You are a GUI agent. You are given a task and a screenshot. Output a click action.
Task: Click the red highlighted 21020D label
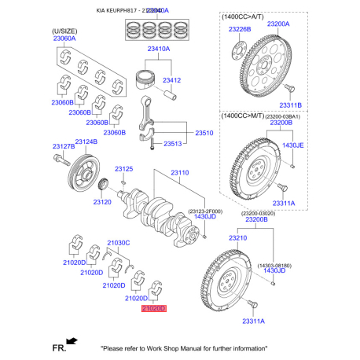[154, 310]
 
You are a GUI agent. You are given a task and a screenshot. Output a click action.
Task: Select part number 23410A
[158, 48]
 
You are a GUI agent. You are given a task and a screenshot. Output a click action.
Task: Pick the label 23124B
[86, 141]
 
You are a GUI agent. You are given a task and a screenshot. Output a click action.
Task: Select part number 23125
[124, 169]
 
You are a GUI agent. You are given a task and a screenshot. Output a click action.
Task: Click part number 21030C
[118, 242]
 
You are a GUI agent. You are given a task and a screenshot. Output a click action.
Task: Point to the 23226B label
[239, 29]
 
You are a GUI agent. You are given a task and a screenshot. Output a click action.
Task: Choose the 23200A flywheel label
[277, 24]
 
